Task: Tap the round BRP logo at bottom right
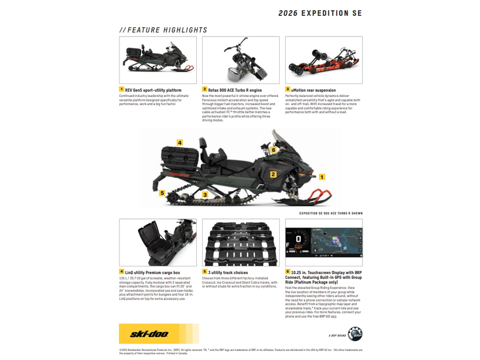click(x=355, y=334)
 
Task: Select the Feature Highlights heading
click(x=164, y=30)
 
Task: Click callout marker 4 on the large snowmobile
click(x=180, y=143)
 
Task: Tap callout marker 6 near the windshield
click(x=273, y=150)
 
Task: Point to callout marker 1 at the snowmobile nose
click(x=322, y=177)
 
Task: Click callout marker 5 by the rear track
click(x=162, y=193)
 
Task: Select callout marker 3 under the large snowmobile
click(x=205, y=194)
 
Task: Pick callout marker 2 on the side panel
click(x=273, y=175)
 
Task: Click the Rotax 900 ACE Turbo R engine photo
click(x=240, y=60)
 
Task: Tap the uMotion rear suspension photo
click(x=324, y=60)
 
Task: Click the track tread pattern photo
click(x=240, y=242)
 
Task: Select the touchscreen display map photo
click(x=324, y=242)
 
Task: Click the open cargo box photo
click(x=157, y=242)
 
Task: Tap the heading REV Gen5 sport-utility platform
click(x=153, y=90)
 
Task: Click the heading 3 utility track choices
click(x=228, y=273)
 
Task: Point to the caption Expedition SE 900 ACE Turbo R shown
click(x=331, y=213)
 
